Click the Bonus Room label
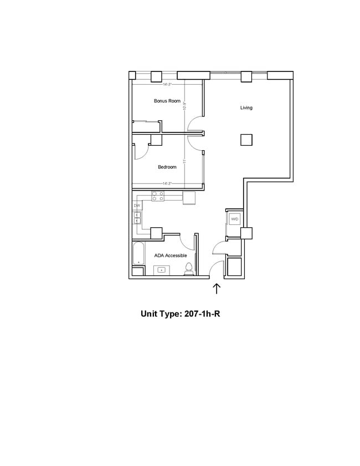pos(167,101)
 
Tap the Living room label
pos(246,107)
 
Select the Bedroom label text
pos(167,167)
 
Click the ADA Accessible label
pos(170,255)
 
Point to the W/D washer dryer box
pos(234,219)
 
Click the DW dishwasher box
pos(137,206)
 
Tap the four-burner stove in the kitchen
pos(158,195)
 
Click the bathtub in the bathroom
pos(137,258)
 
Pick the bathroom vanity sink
pos(162,270)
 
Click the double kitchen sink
pos(137,218)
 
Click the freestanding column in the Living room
pos(246,140)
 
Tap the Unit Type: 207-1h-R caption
pos(181,314)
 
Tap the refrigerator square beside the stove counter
pos(189,197)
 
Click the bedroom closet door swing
pos(140,152)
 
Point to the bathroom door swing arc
pos(187,242)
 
